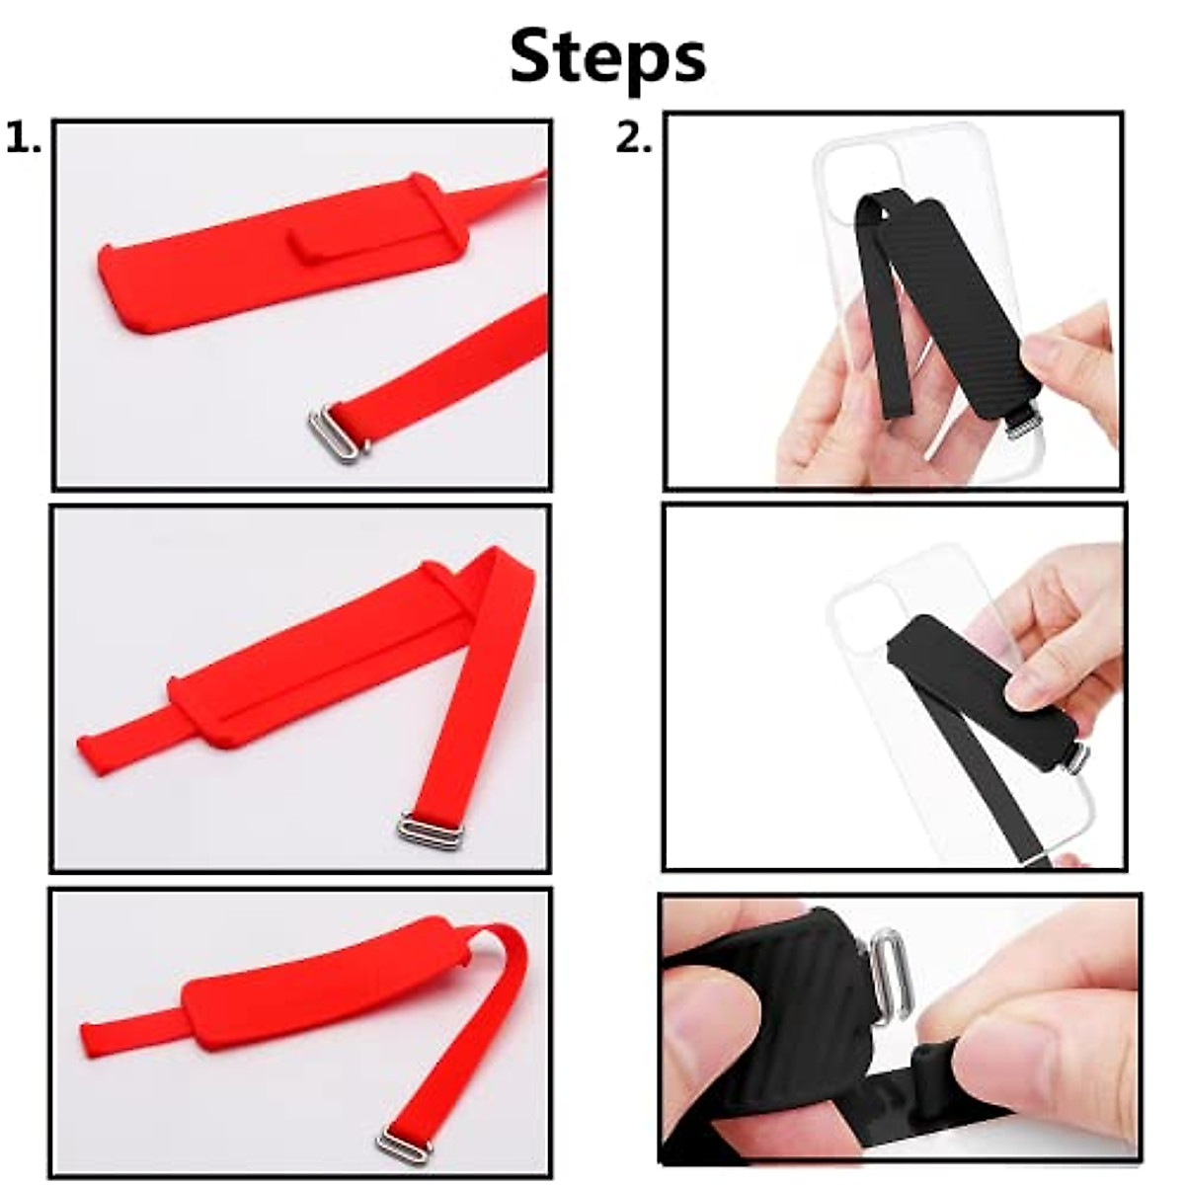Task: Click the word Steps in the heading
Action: click(607, 57)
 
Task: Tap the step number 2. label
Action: click(634, 139)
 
